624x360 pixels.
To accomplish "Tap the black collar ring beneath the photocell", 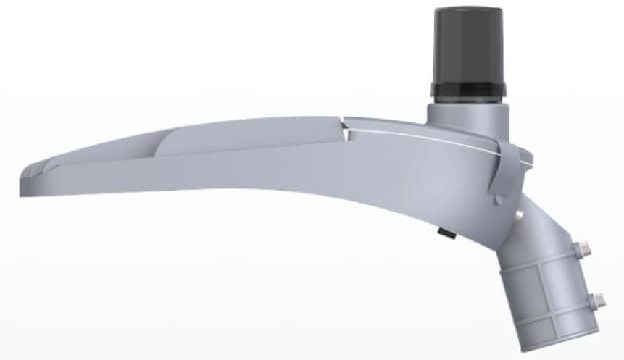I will pos(467,91).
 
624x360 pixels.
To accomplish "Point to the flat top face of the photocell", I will pos(467,10).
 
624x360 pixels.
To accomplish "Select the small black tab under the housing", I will pos(441,233).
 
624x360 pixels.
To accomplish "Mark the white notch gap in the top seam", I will pos(349,133).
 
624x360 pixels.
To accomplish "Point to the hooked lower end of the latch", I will pos(494,197).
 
